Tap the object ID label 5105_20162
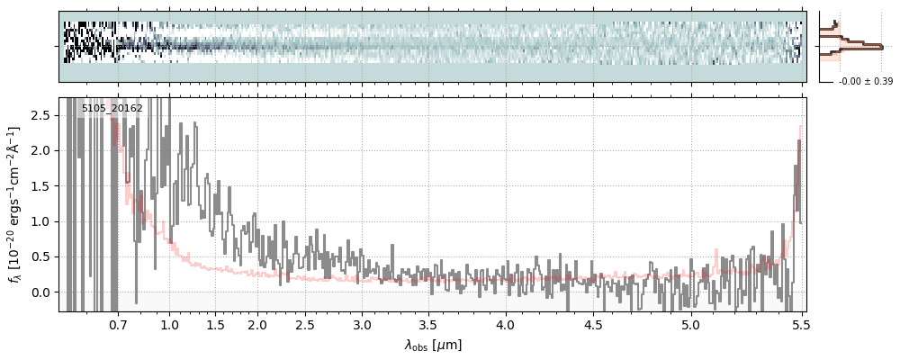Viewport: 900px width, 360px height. click(x=112, y=108)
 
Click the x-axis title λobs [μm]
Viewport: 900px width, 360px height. click(x=433, y=345)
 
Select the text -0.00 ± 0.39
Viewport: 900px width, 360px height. click(x=865, y=82)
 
